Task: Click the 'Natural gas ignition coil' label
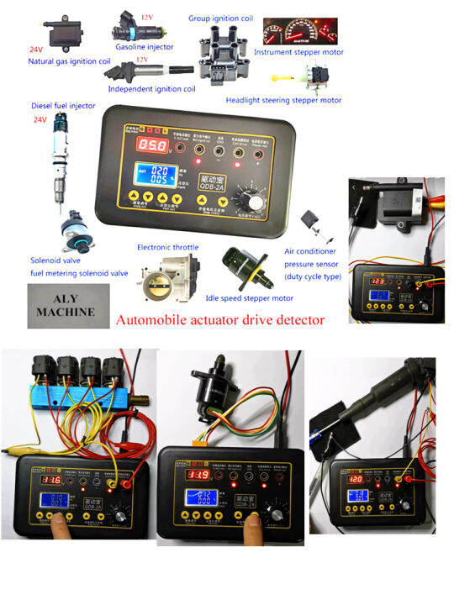tap(68, 61)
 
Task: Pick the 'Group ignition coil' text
tap(220, 18)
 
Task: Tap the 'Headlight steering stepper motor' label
tap(284, 100)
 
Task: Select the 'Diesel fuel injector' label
tap(40, 106)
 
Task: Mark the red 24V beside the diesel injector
tap(40, 120)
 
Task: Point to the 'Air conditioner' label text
tap(313, 251)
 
